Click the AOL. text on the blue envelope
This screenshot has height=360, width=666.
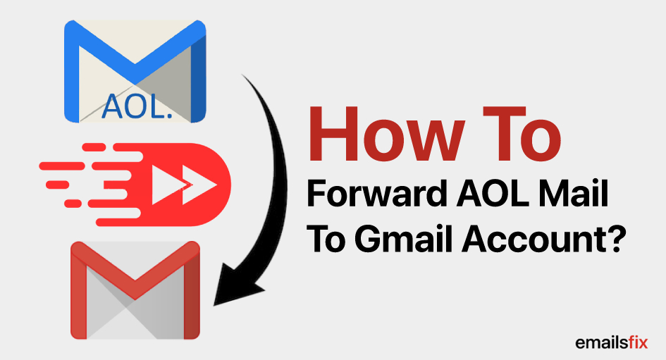(x=135, y=105)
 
